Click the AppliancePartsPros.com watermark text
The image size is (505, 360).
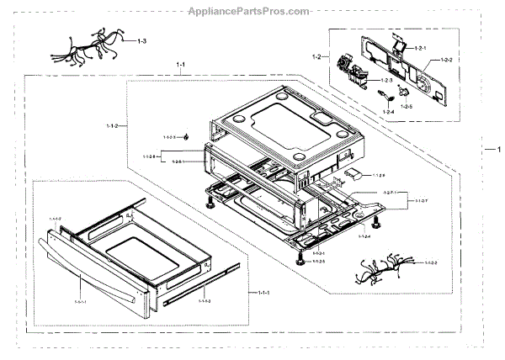(x=252, y=10)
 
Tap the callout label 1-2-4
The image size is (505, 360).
(x=389, y=111)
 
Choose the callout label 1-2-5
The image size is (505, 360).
(x=407, y=108)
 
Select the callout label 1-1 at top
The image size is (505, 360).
(x=181, y=64)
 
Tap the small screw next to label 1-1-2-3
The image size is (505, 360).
(x=186, y=136)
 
